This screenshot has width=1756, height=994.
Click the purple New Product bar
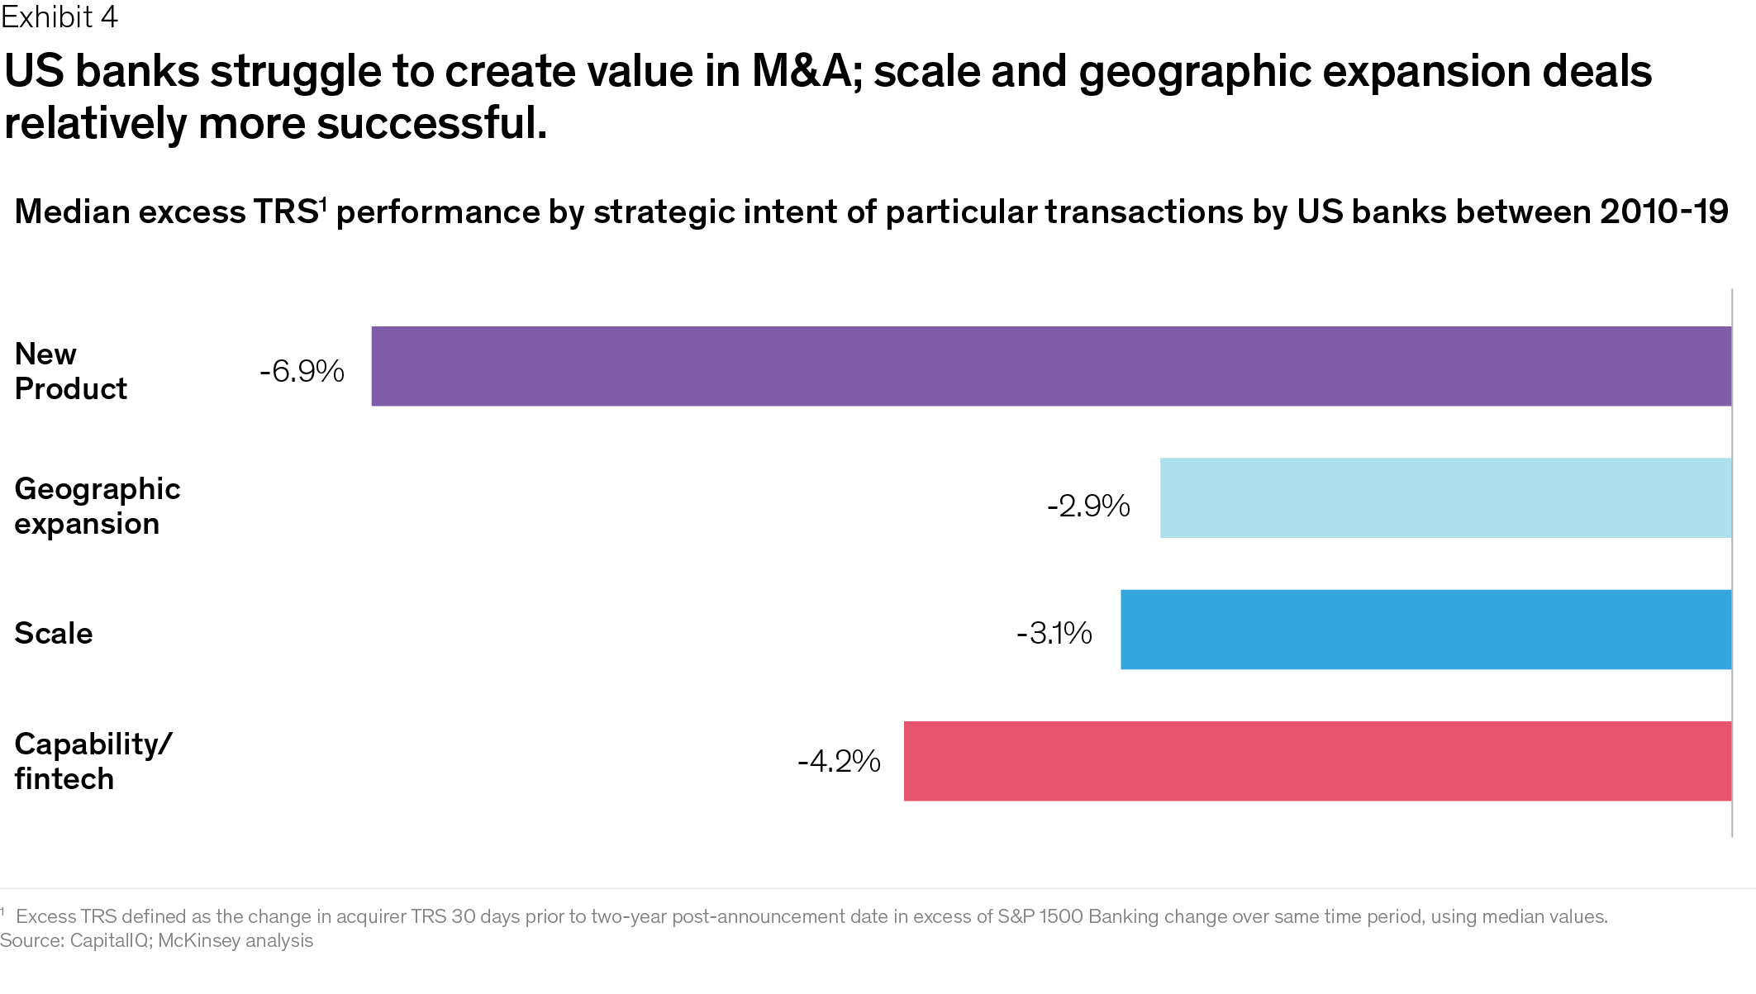tap(1051, 366)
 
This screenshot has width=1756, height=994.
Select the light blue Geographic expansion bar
tap(1445, 498)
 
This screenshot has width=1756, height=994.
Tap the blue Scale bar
tap(1425, 630)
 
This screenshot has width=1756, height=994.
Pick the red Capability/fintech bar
tap(1317, 761)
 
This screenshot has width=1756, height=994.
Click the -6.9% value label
tap(302, 372)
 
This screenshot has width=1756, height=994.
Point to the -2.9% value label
tap(1088, 506)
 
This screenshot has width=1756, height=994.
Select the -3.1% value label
tap(1054, 634)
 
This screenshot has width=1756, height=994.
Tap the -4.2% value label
tap(839, 761)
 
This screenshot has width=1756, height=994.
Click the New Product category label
tap(70, 371)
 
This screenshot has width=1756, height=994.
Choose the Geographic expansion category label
tap(97, 506)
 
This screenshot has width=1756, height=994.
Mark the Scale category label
tap(54, 634)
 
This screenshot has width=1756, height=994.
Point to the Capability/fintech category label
tap(93, 761)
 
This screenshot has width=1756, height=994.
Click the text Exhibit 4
tap(59, 17)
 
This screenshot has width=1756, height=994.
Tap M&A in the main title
tap(802, 71)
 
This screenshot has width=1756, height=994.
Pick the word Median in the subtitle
tap(72, 212)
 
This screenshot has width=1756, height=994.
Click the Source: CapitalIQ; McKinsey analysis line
tap(157, 940)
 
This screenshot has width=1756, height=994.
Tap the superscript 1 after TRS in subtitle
tap(324, 203)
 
